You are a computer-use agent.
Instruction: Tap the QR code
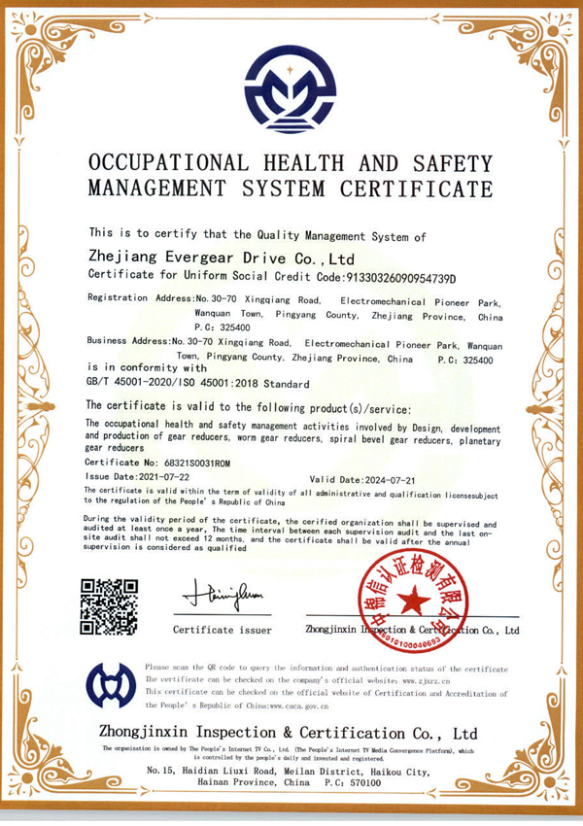point(109,606)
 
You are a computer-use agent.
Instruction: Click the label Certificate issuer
point(222,630)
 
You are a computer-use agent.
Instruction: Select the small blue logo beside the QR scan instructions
point(110,684)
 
